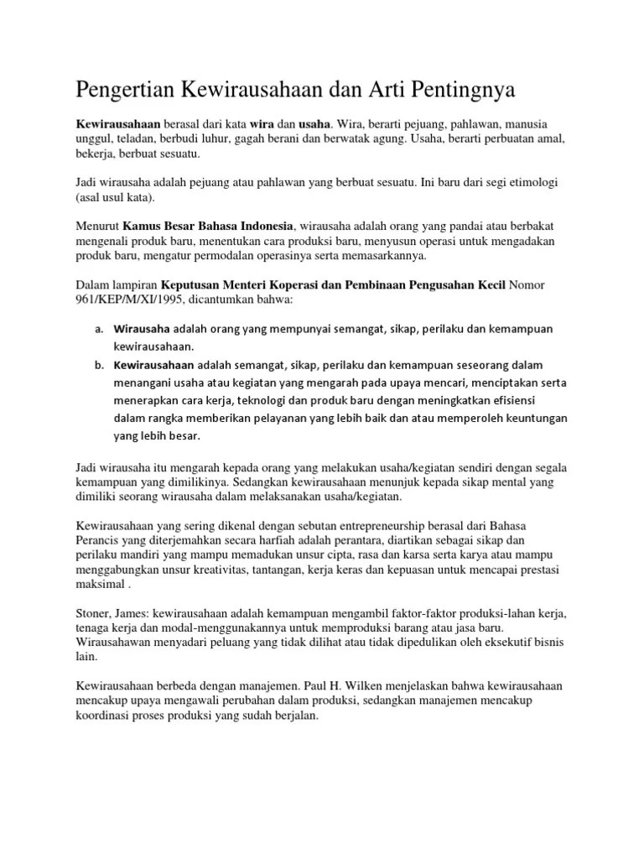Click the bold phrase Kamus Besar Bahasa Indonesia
(209, 226)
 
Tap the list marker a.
(98, 329)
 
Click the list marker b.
(98, 365)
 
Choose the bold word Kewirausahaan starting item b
(154, 365)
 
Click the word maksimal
(101, 584)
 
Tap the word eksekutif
(496, 643)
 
